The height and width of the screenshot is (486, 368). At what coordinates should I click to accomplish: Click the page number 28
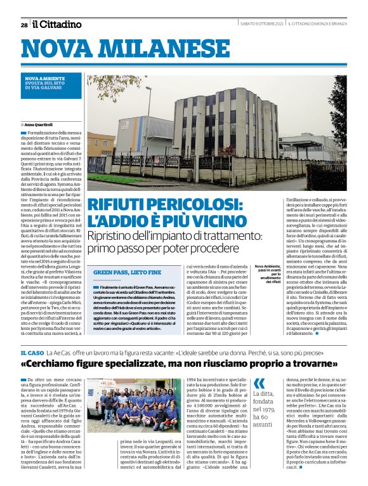[23, 25]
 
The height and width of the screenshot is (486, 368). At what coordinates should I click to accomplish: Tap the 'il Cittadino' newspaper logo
[57, 24]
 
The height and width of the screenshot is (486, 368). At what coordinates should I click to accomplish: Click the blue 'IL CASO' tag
[32, 351]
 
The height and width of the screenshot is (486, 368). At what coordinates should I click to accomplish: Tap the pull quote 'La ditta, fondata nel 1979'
[263, 407]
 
